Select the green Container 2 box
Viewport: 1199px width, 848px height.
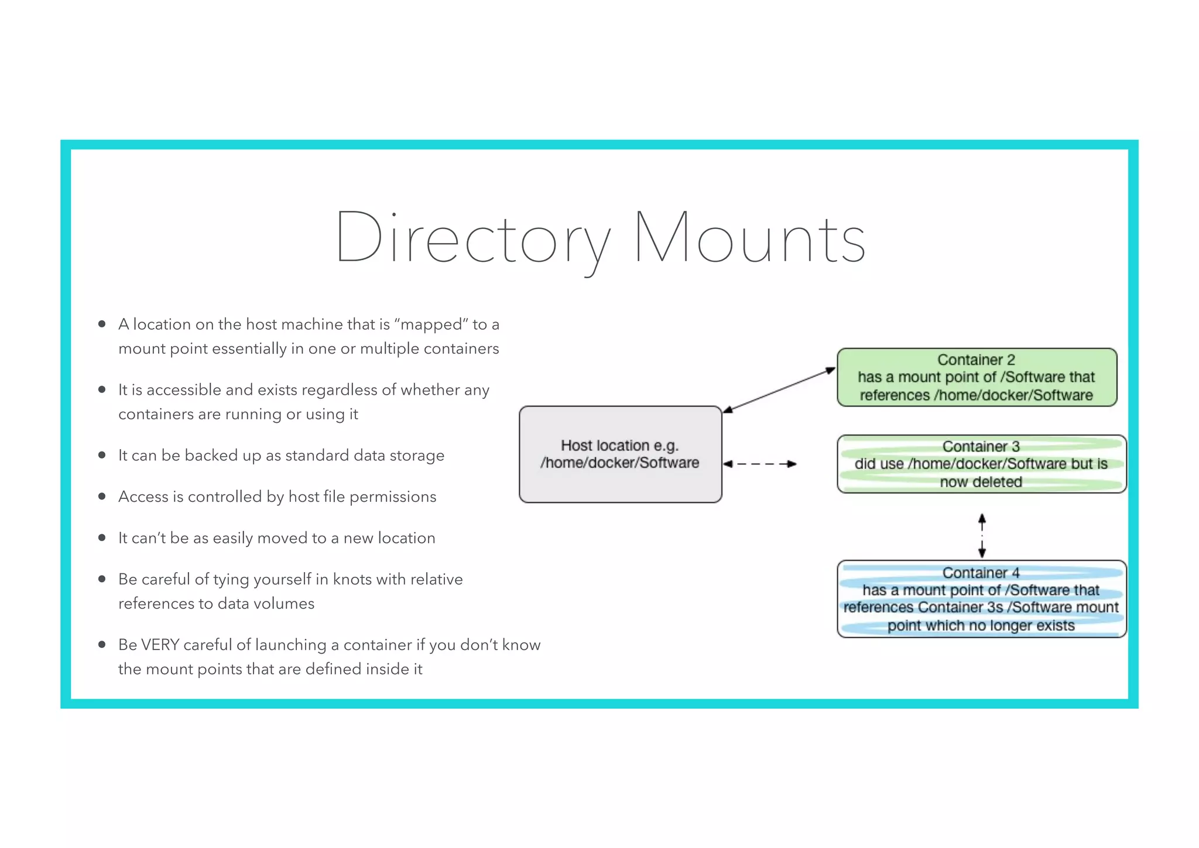(x=977, y=377)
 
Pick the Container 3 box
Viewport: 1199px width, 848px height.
(x=981, y=464)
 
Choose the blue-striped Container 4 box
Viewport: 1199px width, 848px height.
(x=981, y=599)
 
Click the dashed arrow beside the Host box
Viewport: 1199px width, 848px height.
(x=759, y=464)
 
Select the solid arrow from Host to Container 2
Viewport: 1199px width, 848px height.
(x=779, y=391)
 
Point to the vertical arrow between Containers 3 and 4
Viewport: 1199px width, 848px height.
(x=982, y=535)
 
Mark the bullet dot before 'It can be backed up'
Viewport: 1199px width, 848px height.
(x=102, y=455)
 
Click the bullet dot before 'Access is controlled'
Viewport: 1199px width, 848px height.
(x=102, y=497)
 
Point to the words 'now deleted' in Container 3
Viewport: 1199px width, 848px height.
(x=981, y=482)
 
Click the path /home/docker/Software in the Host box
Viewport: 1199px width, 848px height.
(x=619, y=463)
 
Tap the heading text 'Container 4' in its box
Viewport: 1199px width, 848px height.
(x=981, y=572)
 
